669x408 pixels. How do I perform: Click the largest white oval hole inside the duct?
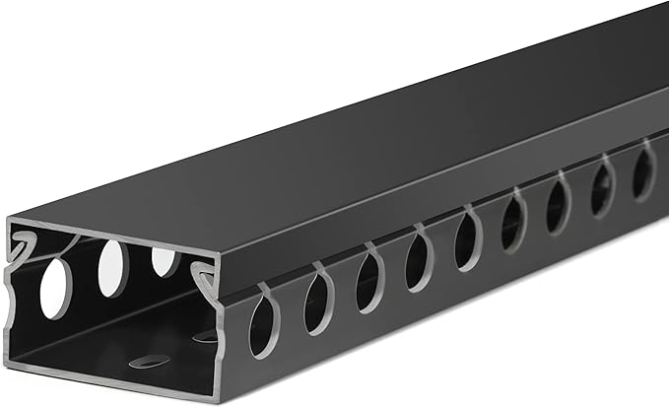(56, 287)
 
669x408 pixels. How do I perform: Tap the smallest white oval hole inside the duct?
(165, 261)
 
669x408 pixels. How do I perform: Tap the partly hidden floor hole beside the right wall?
(205, 337)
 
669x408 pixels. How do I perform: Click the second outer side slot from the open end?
(317, 300)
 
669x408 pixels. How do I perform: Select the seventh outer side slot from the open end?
(557, 205)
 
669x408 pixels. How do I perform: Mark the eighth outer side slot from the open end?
(602, 188)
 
